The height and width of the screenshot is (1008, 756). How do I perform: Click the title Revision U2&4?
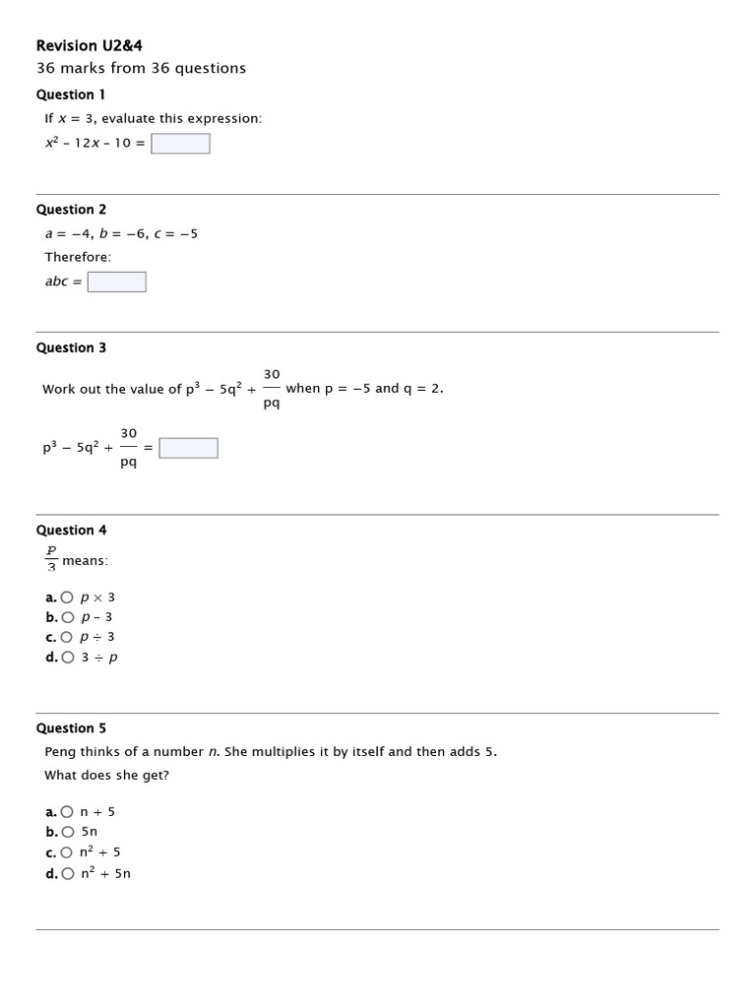coord(95,45)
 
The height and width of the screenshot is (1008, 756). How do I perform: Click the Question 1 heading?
coord(71,94)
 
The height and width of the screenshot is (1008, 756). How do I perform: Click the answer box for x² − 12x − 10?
coord(181,144)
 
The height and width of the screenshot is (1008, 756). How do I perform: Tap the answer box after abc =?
coord(117,283)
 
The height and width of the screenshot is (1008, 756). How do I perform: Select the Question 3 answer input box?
coord(189,449)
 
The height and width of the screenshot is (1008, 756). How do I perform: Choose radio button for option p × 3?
coord(67,598)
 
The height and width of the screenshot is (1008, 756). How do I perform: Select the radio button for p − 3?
coord(67,617)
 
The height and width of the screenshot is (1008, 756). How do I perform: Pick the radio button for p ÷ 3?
coord(67,637)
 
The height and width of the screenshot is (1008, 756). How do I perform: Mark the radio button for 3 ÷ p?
coord(67,658)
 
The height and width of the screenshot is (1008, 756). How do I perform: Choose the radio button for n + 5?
coord(67,812)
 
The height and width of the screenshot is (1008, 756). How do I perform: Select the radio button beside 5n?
coord(67,832)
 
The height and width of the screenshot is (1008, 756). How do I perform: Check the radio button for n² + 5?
coord(67,852)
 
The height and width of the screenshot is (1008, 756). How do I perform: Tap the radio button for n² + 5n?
coord(67,873)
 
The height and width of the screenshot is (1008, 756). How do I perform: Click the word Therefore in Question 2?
coord(78,257)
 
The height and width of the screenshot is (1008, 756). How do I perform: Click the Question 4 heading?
coord(71,531)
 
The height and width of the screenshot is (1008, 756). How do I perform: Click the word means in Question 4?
coord(85,561)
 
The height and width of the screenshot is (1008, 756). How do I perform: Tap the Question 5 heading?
coord(71,728)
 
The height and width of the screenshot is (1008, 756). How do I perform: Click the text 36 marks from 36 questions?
coord(141,68)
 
